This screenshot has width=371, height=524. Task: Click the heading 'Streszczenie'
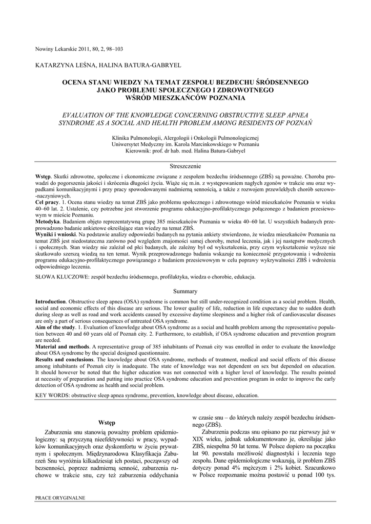click(x=185, y=166)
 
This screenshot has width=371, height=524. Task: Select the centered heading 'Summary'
click(x=185, y=291)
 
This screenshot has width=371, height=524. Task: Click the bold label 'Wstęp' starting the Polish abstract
click(x=44, y=176)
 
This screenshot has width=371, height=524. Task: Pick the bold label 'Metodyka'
click(x=48, y=222)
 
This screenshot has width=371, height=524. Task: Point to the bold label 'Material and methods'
click(x=62, y=346)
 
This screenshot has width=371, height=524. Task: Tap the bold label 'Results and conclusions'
click(x=65, y=359)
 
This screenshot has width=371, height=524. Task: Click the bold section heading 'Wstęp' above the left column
click(x=107, y=422)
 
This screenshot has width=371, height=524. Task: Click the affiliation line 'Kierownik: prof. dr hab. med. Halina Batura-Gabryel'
click(x=185, y=151)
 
